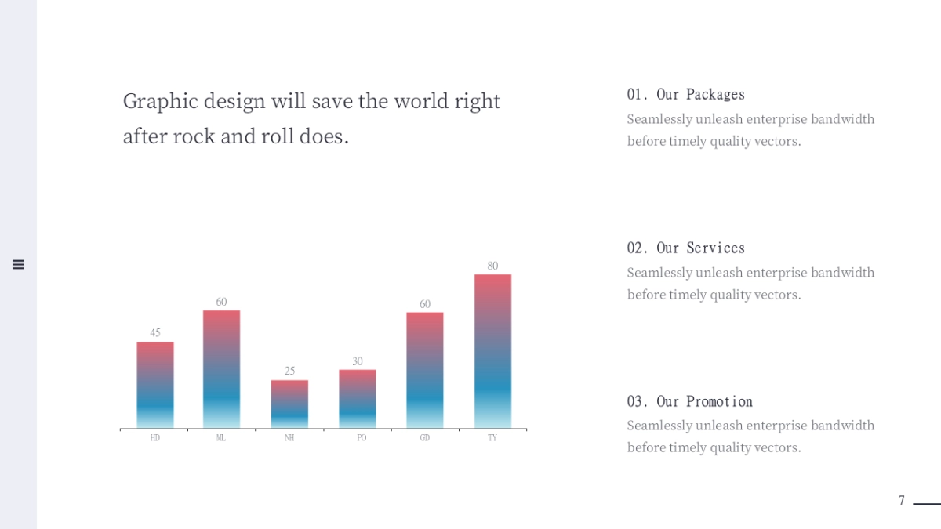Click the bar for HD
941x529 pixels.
coord(155,385)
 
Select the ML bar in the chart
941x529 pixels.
coord(221,369)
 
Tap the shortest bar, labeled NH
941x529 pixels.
coord(289,404)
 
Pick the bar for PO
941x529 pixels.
coord(358,398)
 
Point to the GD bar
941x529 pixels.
coord(425,370)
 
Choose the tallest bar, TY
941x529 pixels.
coord(492,351)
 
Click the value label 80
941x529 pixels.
coord(492,266)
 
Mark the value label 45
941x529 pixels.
coord(155,333)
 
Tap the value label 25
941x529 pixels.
coord(289,371)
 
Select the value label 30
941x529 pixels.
coord(358,361)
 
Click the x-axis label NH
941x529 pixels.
coord(289,438)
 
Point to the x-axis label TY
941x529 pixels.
coord(492,438)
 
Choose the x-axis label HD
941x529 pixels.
coord(155,438)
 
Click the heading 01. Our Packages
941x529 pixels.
coord(685,95)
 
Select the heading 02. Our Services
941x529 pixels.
coord(685,248)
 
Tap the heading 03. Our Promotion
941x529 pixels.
coord(689,402)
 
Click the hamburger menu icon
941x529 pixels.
coord(19,265)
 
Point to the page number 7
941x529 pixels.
coord(902,501)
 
